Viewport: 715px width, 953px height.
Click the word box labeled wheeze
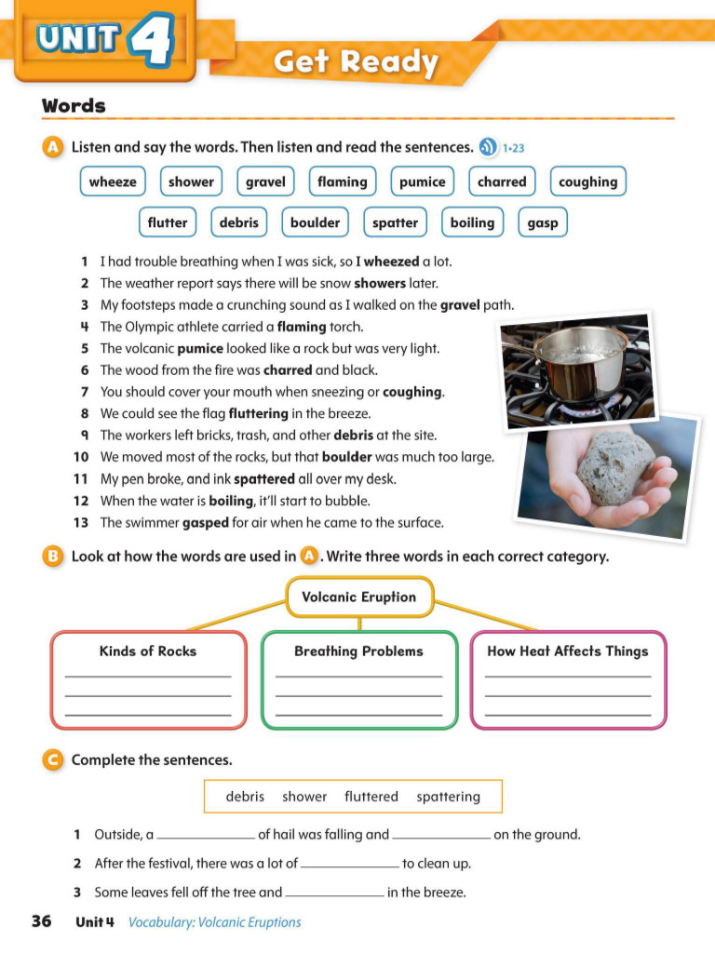pos(112,181)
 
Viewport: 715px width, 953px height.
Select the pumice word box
pos(422,181)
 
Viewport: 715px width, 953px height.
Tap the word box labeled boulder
pos(315,222)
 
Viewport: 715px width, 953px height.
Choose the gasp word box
pos(542,222)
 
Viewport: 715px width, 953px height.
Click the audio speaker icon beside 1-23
pos(488,147)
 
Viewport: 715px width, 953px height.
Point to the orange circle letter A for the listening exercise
pos(53,147)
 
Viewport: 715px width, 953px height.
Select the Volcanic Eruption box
pos(358,597)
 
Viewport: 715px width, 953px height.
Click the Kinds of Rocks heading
pos(148,651)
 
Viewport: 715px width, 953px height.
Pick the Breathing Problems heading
pos(358,651)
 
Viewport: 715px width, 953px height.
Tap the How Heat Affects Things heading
pos(568,651)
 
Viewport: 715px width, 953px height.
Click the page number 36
pos(41,921)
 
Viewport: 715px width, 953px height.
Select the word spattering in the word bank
pos(448,797)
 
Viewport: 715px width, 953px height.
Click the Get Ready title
pos(356,62)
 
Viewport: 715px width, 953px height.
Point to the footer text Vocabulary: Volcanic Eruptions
pos(214,922)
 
